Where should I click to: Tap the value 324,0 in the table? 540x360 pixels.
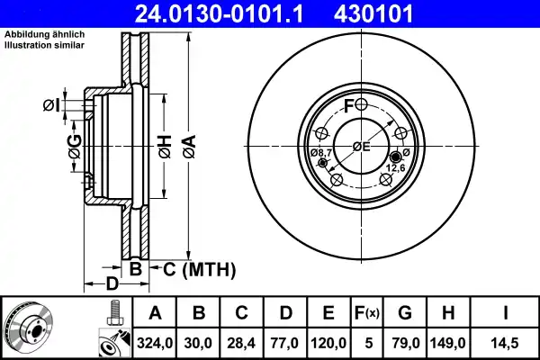(156, 342)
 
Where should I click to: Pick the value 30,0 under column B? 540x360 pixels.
(199, 342)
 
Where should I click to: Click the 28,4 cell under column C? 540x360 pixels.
(242, 342)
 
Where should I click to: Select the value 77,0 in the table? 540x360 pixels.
(285, 342)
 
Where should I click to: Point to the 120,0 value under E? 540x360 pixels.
(328, 342)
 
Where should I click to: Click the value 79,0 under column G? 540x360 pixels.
(405, 342)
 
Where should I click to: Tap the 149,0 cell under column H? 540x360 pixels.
(447, 342)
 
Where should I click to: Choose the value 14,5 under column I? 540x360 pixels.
(505, 342)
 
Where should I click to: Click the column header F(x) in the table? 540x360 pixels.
(368, 314)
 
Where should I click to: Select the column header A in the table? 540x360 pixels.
(156, 314)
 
